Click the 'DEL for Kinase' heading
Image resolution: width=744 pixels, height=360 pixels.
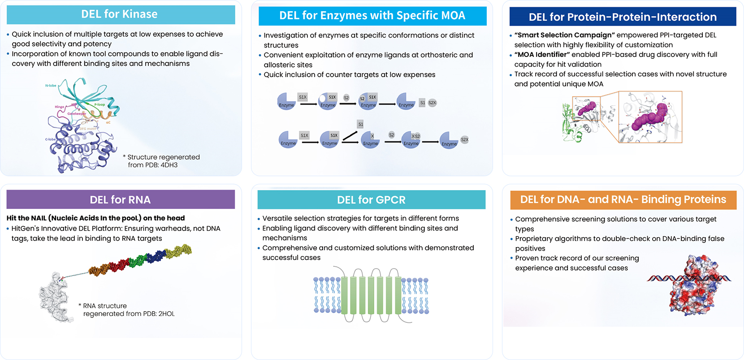click(x=119, y=14)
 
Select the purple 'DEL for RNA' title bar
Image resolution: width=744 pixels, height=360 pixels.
click(x=120, y=200)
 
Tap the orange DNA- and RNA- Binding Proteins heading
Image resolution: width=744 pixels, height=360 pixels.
click(x=623, y=200)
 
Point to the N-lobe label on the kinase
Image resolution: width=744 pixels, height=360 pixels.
click(x=51, y=85)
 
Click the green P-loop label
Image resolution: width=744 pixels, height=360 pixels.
click(x=99, y=104)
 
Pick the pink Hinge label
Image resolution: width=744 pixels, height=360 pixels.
click(x=59, y=107)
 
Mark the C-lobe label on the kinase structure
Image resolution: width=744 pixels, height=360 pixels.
click(x=50, y=139)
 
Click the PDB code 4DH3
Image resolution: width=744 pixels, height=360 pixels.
click(x=169, y=165)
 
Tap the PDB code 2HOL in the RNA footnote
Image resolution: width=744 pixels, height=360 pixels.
click(x=166, y=314)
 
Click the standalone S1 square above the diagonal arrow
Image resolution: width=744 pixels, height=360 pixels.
click(x=360, y=124)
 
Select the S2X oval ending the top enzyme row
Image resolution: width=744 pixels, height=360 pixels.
click(x=432, y=103)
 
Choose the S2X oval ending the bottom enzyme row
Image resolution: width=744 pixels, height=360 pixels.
click(x=464, y=140)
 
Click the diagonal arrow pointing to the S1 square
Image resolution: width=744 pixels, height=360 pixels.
click(x=350, y=135)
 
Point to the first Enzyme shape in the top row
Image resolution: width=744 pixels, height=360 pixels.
click(x=286, y=101)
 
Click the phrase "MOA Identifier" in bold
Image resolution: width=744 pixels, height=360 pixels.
click(x=542, y=55)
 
